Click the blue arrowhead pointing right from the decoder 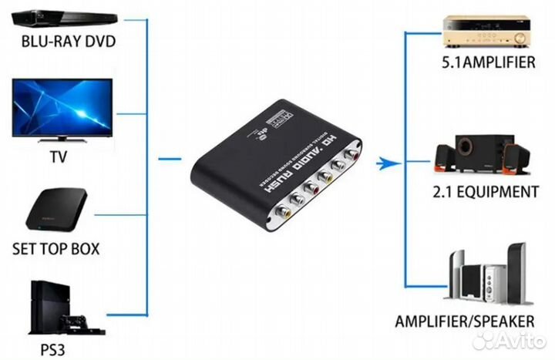tap(388, 162)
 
